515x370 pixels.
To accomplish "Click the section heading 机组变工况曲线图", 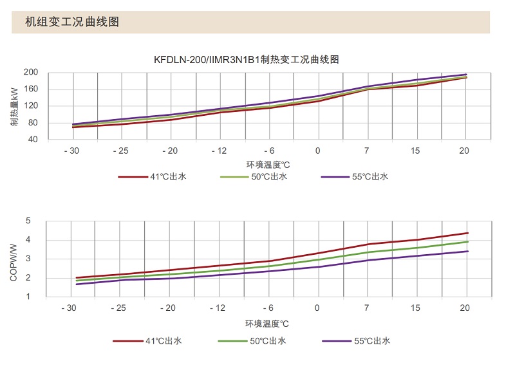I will click(x=72, y=22).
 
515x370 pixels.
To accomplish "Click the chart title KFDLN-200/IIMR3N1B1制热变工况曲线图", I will click(x=247, y=59).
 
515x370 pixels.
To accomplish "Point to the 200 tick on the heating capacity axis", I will click(x=31, y=72).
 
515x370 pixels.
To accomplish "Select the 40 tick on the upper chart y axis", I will click(x=33, y=140).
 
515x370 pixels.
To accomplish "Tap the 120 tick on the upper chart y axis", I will click(x=31, y=106).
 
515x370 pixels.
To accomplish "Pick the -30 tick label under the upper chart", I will click(x=71, y=151).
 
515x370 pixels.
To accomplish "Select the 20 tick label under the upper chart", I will click(x=464, y=151).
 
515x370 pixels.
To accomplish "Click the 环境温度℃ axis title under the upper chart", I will click(x=268, y=164).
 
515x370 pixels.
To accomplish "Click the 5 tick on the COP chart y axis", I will click(x=28, y=221).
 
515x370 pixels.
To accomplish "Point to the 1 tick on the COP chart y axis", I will click(x=28, y=297).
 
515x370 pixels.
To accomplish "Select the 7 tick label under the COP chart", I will click(x=368, y=308).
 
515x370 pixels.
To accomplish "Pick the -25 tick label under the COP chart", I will click(x=120, y=308).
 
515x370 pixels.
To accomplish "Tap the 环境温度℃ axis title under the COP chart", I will click(x=267, y=323).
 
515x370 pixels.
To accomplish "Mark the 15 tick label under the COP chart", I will click(x=417, y=308).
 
